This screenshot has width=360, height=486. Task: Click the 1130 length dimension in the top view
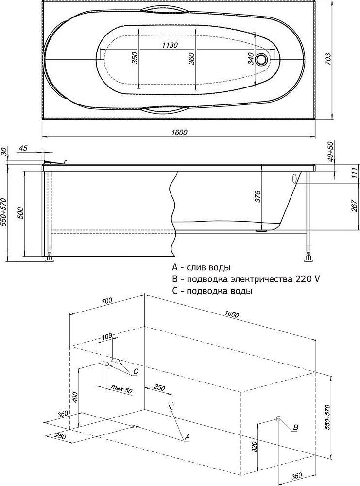[170, 45]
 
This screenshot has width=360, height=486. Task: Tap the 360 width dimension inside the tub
[191, 59]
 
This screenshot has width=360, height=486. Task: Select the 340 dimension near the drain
[251, 59]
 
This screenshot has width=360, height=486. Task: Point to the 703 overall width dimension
[328, 59]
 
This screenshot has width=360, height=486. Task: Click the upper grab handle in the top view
[167, 9]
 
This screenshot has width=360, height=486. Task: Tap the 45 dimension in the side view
[23, 148]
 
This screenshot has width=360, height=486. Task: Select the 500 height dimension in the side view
[20, 213]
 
